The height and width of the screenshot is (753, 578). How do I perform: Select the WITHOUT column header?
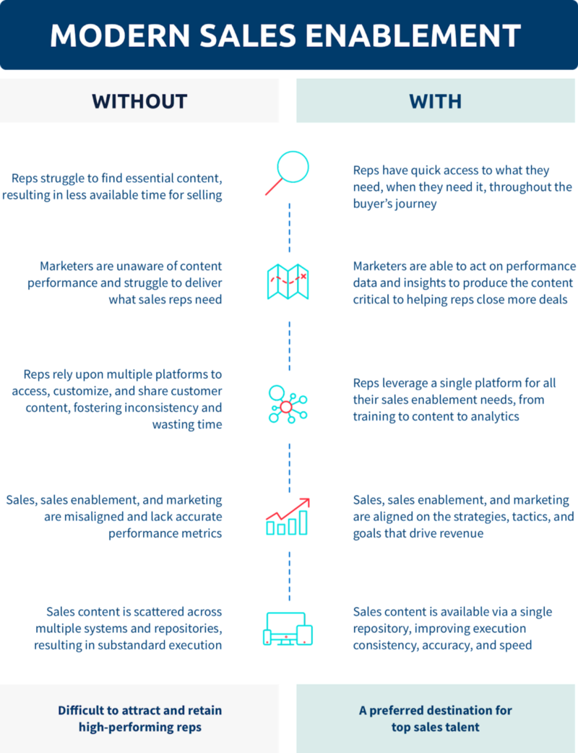[x=139, y=100]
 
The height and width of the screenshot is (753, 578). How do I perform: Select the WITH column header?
[x=435, y=100]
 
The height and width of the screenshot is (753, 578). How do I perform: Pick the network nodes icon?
[x=287, y=403]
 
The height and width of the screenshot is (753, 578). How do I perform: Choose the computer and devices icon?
[x=288, y=628]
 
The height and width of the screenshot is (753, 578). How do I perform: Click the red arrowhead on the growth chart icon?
[x=306, y=502]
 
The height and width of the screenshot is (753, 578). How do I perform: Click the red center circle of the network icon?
[x=286, y=407]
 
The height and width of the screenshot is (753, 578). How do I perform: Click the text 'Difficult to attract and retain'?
[x=139, y=710]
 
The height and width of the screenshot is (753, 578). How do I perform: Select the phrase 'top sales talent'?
[x=435, y=727]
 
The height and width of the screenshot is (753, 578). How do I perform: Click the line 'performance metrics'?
[x=165, y=534]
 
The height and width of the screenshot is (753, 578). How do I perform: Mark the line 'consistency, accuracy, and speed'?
[x=442, y=645]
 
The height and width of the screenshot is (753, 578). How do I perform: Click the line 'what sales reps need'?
[x=165, y=299]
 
